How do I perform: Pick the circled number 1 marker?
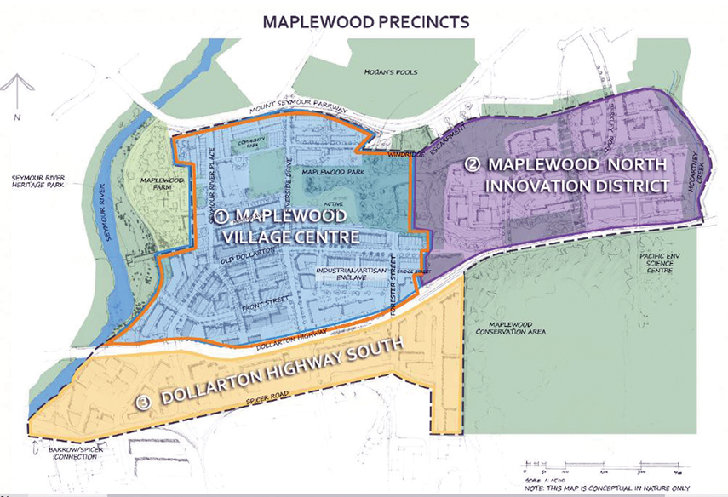point(221,213)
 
